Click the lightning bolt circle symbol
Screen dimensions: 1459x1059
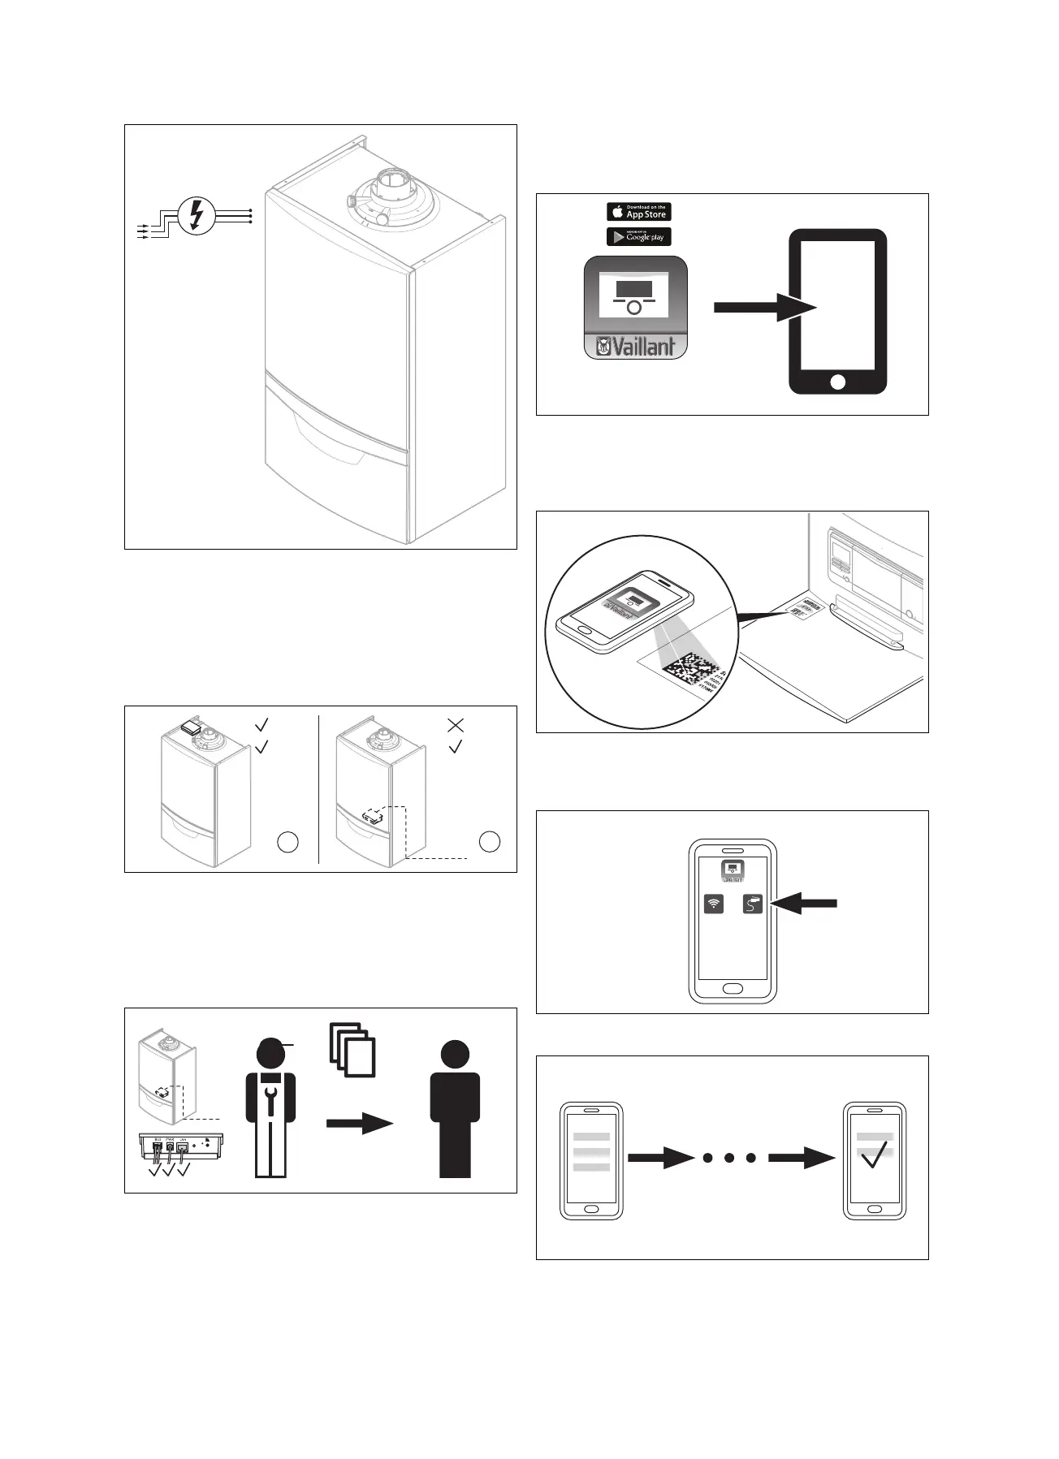click(196, 215)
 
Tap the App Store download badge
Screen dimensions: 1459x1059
click(638, 212)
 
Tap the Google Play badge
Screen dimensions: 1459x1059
click(638, 237)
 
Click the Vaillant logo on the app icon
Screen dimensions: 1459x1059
click(636, 347)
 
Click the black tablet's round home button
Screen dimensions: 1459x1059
click(838, 381)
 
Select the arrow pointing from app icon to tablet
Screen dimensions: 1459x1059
click(763, 308)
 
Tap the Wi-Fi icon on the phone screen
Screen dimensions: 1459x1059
click(713, 904)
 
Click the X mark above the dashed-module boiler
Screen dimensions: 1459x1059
click(456, 725)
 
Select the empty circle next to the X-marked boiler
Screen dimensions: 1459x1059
click(489, 842)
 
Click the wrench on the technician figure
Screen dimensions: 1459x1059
click(270, 1092)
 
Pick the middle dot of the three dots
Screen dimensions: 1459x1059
click(729, 1158)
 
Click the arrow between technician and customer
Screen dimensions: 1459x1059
click(360, 1124)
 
